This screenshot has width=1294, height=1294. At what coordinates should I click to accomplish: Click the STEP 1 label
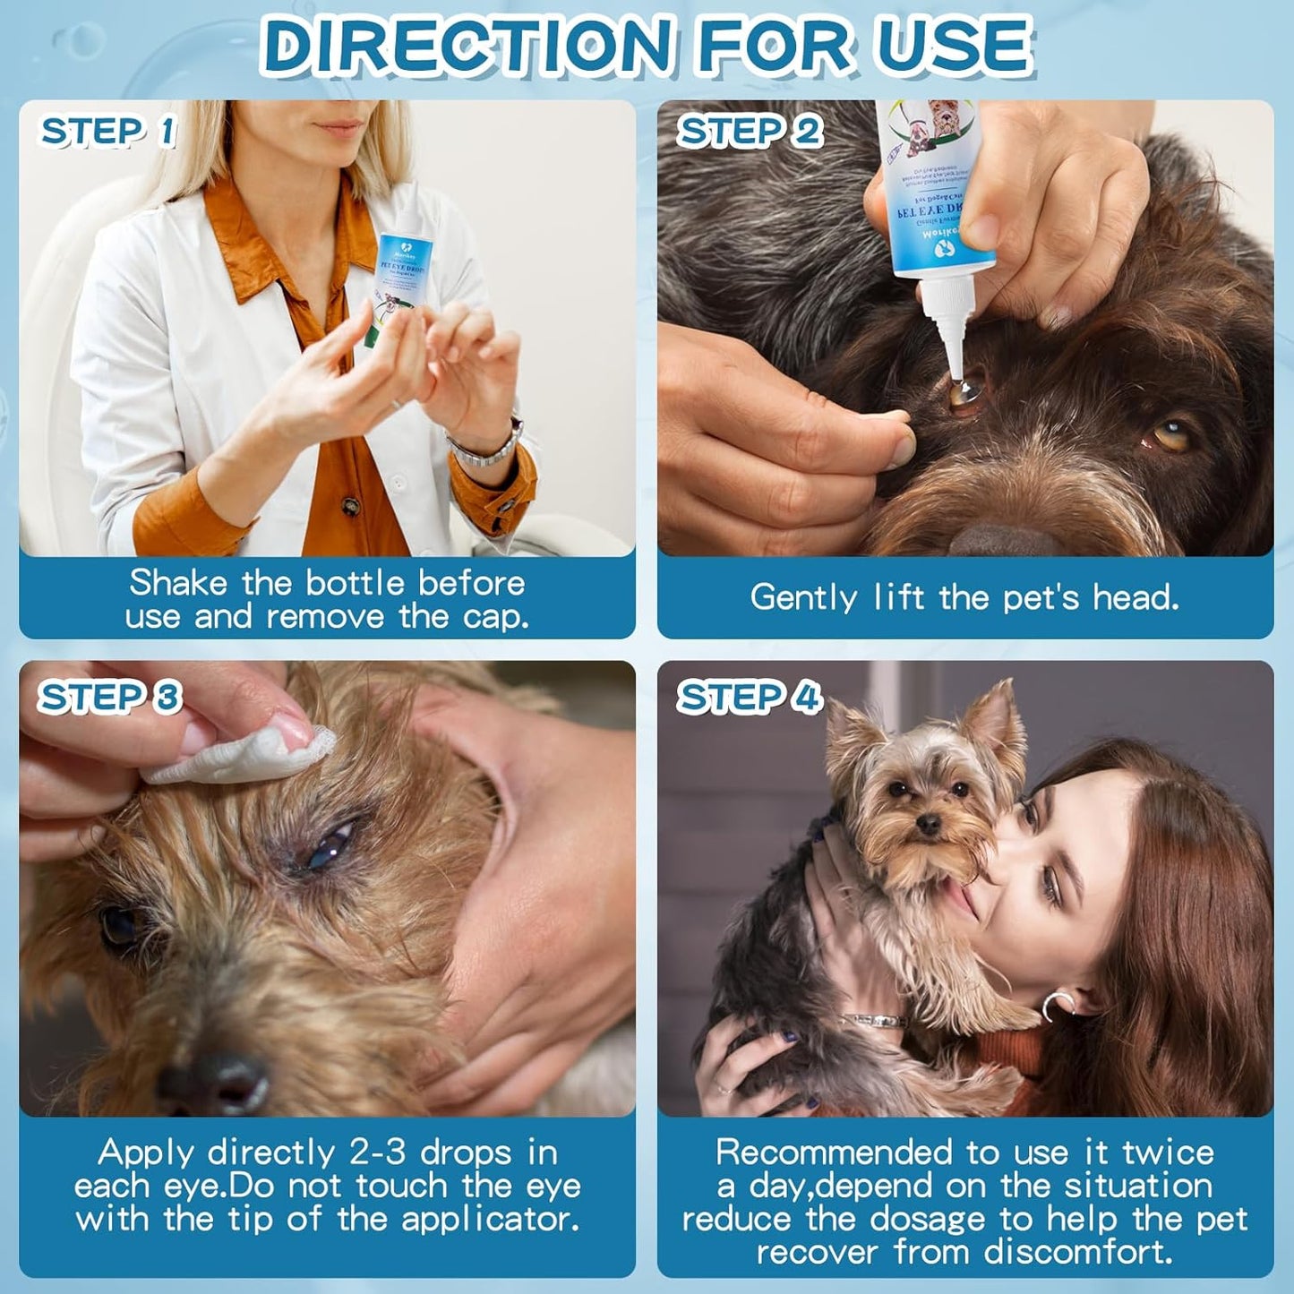(108, 132)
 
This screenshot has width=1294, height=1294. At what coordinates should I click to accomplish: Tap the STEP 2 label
(750, 132)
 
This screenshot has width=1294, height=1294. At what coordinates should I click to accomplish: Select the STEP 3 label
(109, 697)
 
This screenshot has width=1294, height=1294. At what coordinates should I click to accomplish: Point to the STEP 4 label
(749, 697)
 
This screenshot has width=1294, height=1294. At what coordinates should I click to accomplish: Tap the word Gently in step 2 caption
(803, 597)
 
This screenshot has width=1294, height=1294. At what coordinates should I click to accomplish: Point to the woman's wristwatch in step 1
(488, 446)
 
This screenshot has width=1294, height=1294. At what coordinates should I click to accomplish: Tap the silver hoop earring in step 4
(1056, 1005)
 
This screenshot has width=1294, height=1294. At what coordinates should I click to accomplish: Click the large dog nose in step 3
(215, 1079)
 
